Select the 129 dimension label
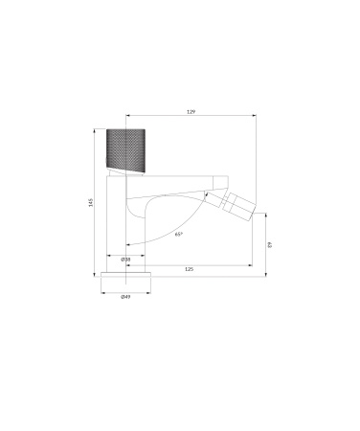(x=191, y=114)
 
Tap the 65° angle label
(x=179, y=233)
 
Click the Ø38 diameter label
(x=125, y=260)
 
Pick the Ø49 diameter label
(x=125, y=298)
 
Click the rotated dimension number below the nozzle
(x=271, y=245)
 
